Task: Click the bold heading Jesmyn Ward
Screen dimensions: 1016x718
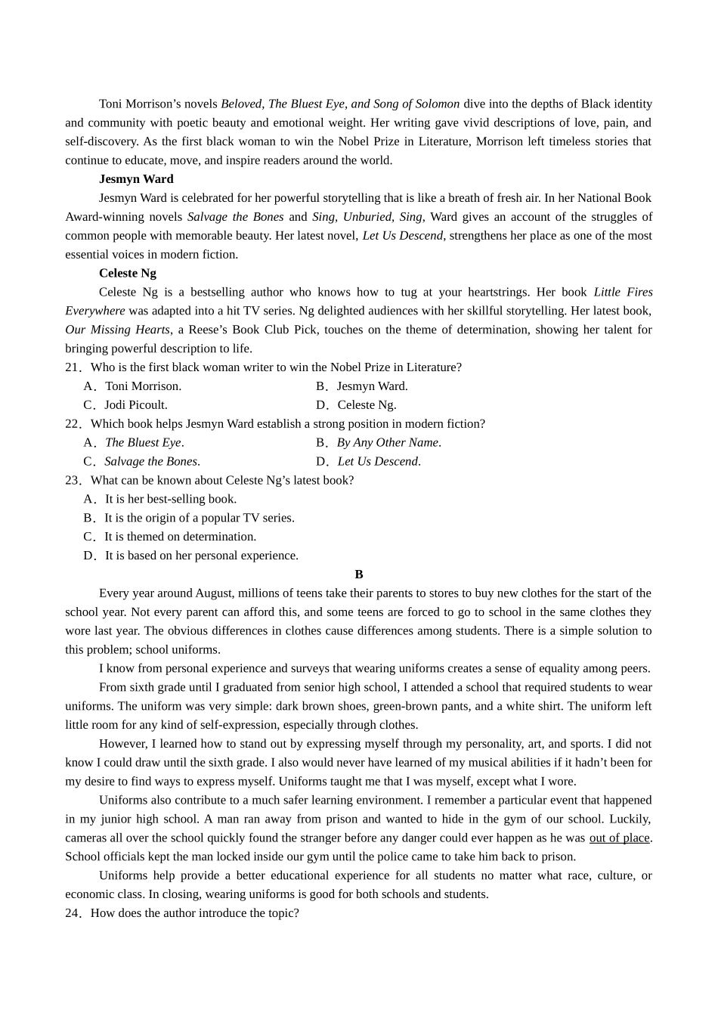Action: pyautogui.click(x=136, y=179)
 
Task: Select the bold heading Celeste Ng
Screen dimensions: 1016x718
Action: pyautogui.click(x=127, y=273)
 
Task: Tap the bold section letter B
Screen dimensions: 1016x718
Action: pyautogui.click(x=359, y=575)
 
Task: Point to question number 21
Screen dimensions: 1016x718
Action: pyautogui.click(x=73, y=367)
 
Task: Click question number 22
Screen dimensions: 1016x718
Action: pyautogui.click(x=73, y=424)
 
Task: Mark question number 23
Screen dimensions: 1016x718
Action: pyautogui.click(x=73, y=480)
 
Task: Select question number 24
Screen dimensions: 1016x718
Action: pyautogui.click(x=73, y=913)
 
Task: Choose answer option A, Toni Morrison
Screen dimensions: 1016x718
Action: pyautogui.click(x=142, y=386)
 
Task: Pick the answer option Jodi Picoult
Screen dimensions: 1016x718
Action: pyautogui.click(x=135, y=405)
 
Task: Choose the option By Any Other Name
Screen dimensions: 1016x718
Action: pyautogui.click(x=388, y=443)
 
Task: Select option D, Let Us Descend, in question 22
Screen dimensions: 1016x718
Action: pyautogui.click(x=378, y=461)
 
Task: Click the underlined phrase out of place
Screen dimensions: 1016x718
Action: pyautogui.click(x=619, y=838)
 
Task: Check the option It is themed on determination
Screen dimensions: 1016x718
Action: pyautogui.click(x=179, y=537)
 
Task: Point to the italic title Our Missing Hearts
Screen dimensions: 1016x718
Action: pyautogui.click(x=117, y=330)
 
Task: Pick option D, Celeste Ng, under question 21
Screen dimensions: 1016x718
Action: pyautogui.click(x=366, y=405)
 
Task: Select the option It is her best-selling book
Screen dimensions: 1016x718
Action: pyautogui.click(x=170, y=499)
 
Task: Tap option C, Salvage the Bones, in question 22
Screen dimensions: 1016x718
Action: pyautogui.click(x=150, y=461)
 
